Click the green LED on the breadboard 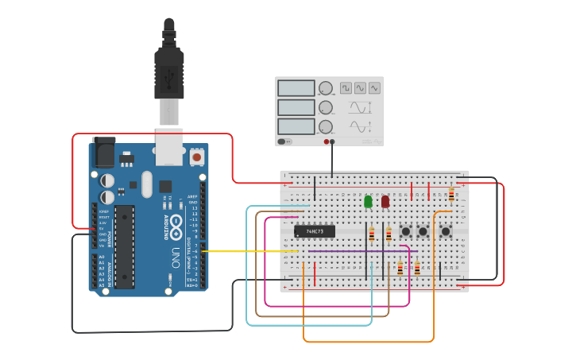point(368,202)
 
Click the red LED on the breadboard point(385,202)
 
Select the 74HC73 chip point(315,232)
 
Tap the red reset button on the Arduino point(197,157)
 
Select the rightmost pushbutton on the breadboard point(446,232)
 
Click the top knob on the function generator point(326,88)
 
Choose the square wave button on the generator point(346,88)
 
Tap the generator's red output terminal point(326,141)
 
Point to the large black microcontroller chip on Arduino point(125,246)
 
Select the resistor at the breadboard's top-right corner point(452,195)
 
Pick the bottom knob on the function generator point(326,126)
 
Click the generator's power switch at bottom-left point(284,141)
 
